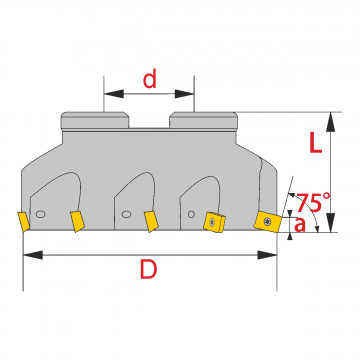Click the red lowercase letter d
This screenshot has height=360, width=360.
[x=150, y=80]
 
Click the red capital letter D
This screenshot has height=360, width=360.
[x=148, y=269]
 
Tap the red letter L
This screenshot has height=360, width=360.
[x=316, y=144]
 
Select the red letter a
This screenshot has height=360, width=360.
[x=300, y=225]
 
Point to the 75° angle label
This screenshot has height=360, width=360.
[x=313, y=202]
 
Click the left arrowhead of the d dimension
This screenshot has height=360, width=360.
[x=114, y=94]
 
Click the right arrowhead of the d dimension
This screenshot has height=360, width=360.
[x=184, y=94]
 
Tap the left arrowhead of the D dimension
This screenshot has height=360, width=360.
[x=33, y=255]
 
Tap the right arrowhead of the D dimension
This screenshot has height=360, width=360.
[x=267, y=255]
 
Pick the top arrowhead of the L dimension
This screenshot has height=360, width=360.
[x=330, y=122]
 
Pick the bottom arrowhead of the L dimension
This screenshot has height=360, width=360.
[x=330, y=222]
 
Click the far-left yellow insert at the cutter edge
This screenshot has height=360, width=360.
[x=23, y=221]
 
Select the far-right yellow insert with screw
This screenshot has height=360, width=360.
[x=268, y=222]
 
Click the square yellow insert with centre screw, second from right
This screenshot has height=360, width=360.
[x=214, y=221]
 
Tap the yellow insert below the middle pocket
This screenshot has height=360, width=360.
[x=151, y=222]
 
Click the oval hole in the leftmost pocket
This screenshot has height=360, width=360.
[x=40, y=214]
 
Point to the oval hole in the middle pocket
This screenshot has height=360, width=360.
[x=126, y=214]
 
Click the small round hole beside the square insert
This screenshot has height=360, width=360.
[x=191, y=214]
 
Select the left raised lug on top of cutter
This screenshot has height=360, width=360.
[x=95, y=121]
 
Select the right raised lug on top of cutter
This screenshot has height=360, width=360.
[x=203, y=121]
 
